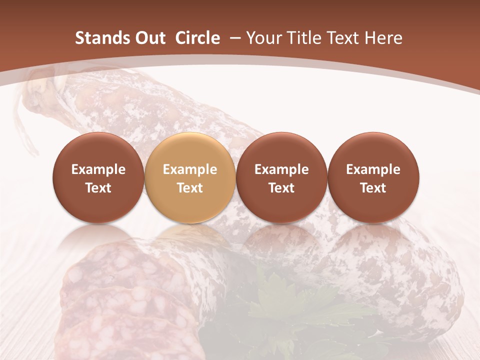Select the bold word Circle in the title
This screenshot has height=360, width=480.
point(197,38)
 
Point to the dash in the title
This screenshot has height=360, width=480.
point(233,38)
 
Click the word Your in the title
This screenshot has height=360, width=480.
point(263,38)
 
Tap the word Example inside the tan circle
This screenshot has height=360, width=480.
point(190,169)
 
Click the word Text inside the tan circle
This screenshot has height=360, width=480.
point(190,188)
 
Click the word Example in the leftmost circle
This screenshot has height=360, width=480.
point(98,169)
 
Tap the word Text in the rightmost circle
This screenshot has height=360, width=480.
point(373,188)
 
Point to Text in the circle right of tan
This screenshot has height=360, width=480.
point(281,188)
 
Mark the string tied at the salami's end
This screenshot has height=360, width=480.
point(25,120)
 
